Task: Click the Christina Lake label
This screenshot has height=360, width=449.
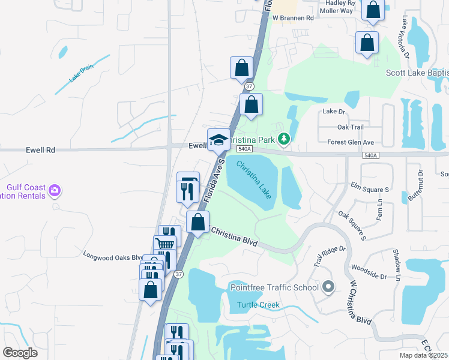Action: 253,175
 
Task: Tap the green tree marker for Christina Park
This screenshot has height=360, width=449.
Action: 285,139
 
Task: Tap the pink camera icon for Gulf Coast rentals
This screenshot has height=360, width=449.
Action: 55,190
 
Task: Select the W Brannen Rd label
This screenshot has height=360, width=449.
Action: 294,19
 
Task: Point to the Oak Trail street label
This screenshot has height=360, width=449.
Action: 351,127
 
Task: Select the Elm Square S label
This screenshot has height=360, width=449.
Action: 370,190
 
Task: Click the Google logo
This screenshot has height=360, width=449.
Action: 20,353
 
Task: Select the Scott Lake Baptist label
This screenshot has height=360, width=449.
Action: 417,73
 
